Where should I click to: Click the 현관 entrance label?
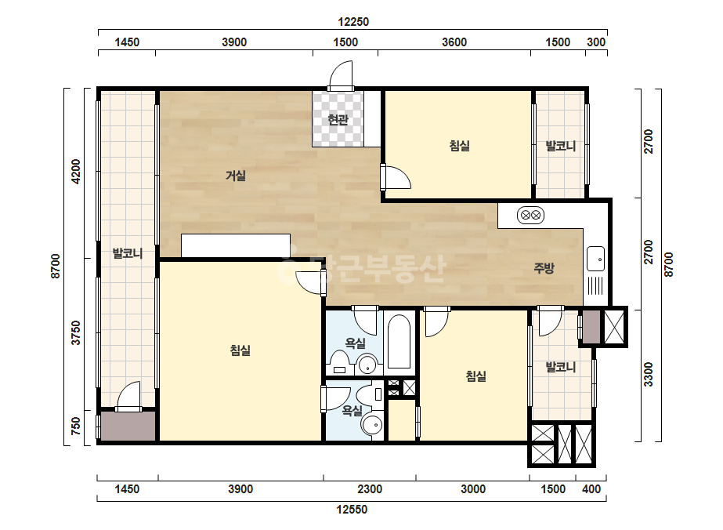tap(338, 120)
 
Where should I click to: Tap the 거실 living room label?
tap(235, 176)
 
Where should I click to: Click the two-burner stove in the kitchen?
tap(530, 215)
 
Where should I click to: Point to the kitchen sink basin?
tap(595, 259)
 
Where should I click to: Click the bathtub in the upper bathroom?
tap(399, 341)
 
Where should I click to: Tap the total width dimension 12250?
tap(353, 22)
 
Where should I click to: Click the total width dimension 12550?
tap(352, 510)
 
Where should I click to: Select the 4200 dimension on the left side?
tap(76, 171)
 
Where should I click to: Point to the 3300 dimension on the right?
tap(649, 375)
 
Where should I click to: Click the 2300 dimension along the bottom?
tap(370, 489)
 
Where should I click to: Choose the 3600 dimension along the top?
tap(454, 42)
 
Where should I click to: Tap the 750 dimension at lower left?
tap(76, 427)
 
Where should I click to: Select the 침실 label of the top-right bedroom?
tap(459, 146)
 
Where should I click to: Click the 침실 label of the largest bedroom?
tap(240, 350)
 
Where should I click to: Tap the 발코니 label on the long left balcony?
tap(128, 253)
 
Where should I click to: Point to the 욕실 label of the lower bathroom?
tap(352, 410)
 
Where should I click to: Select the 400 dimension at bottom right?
tap(591, 489)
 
